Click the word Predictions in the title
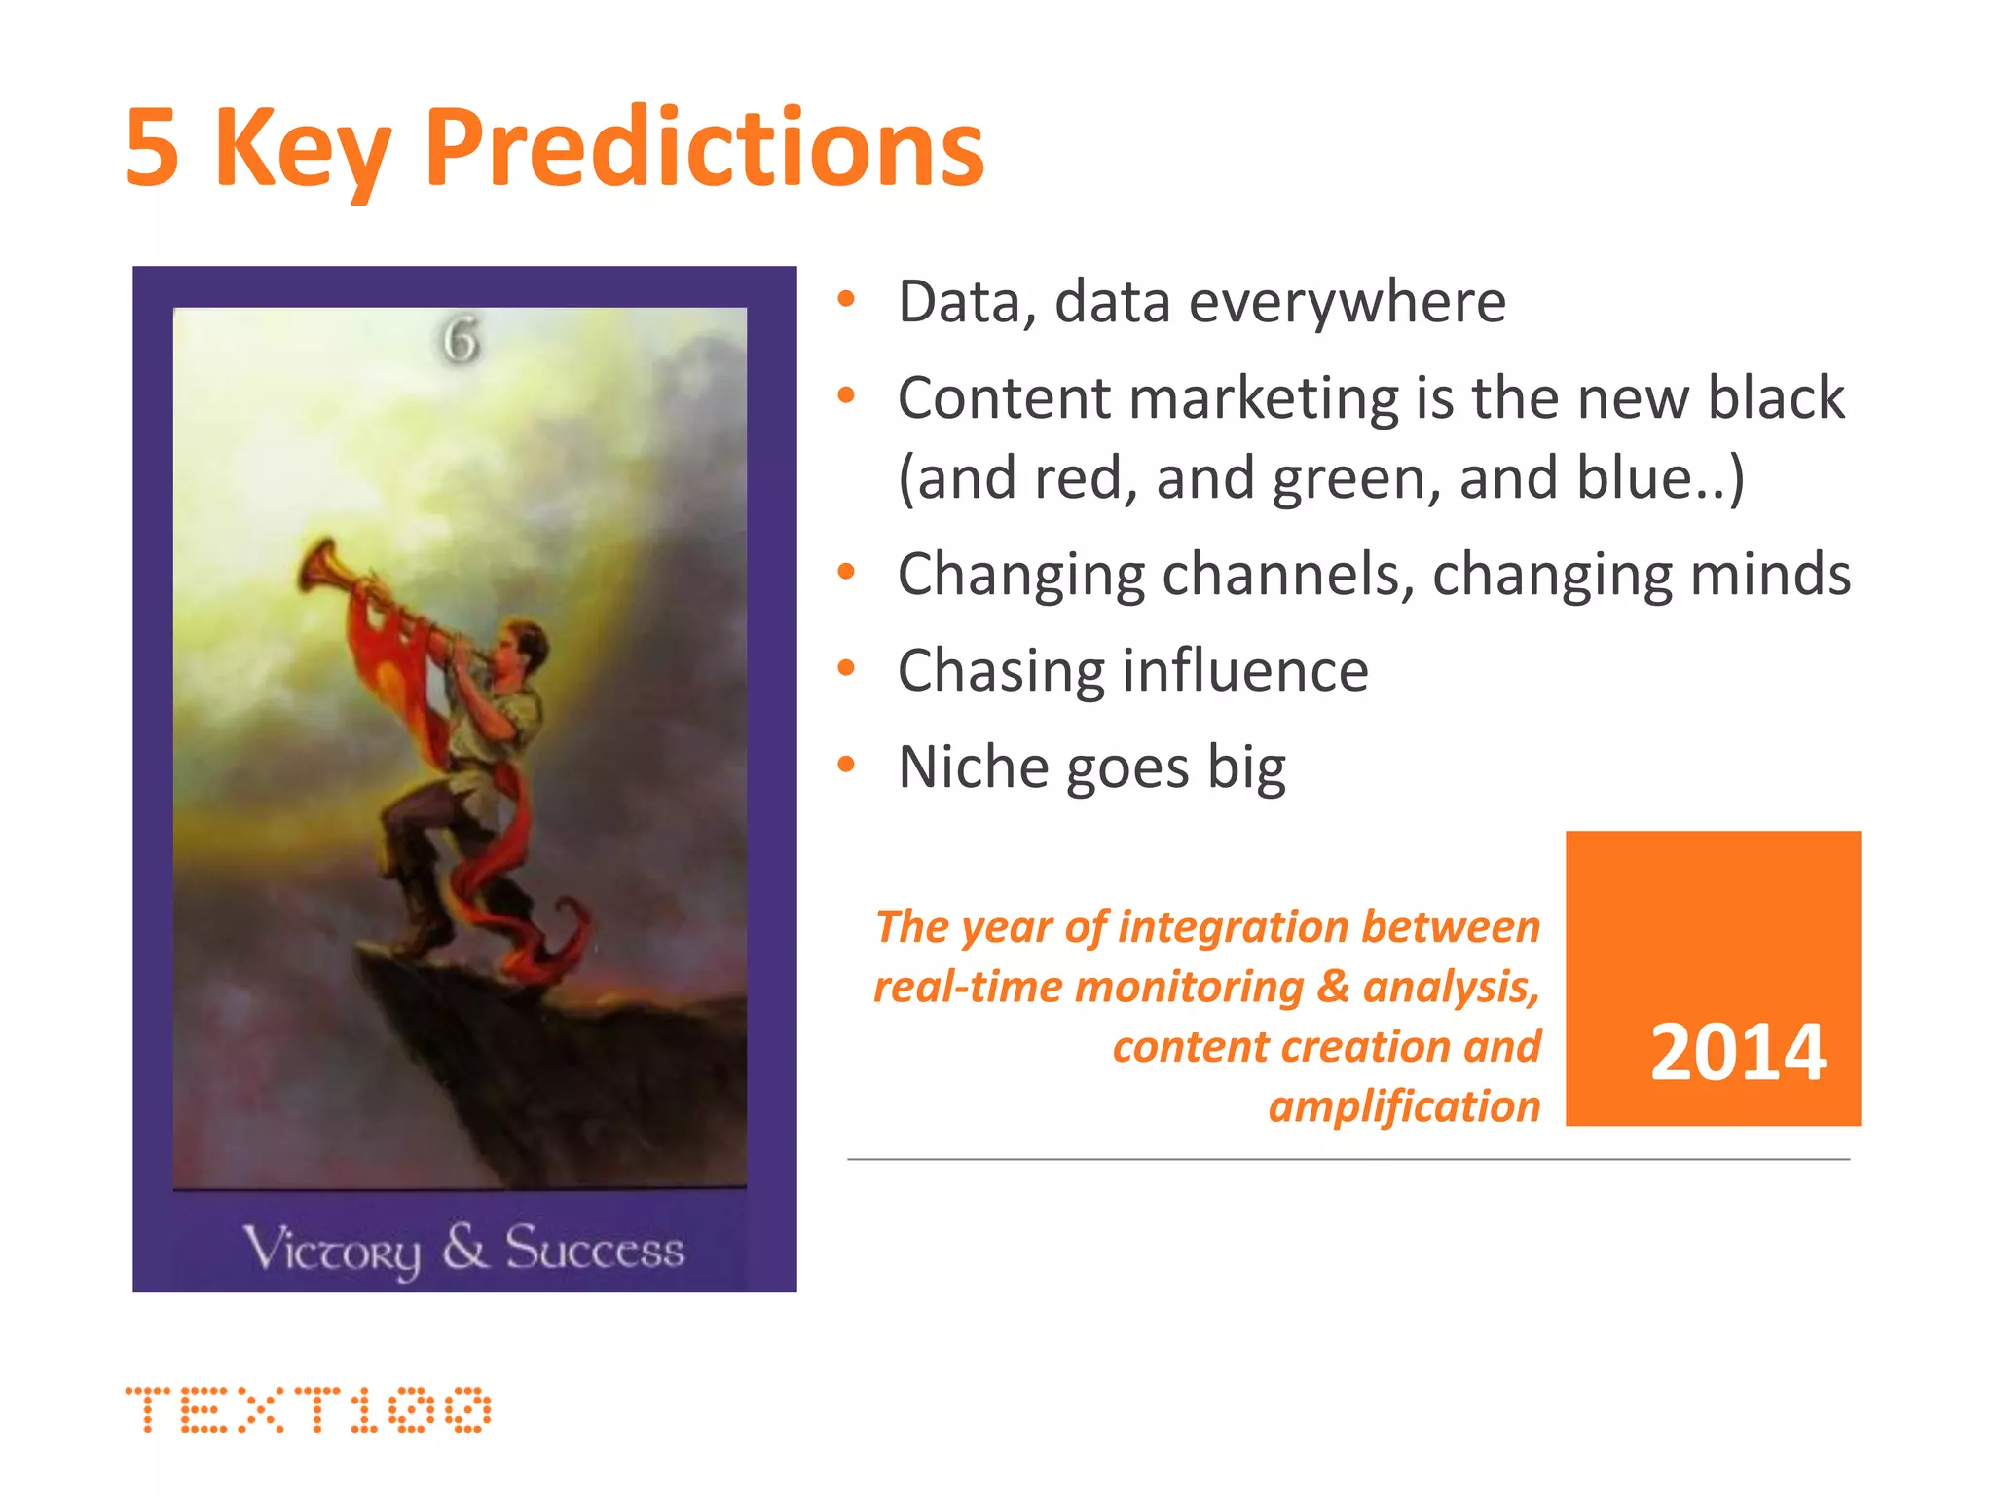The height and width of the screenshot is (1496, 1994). pos(704,148)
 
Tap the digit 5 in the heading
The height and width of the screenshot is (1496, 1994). pos(153,148)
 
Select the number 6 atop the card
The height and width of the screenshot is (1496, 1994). pos(461,342)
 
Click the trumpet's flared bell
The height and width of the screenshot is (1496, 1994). pos(319,565)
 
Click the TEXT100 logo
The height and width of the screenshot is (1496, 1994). pos(308,1409)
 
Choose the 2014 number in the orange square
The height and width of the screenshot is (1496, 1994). pos(1737,1053)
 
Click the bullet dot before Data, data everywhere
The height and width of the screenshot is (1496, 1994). pos(846,299)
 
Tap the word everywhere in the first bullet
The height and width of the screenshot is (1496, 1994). pos(1348,302)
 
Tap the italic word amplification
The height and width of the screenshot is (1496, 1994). pos(1404,1107)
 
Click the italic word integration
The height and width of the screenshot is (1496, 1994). pos(1232,927)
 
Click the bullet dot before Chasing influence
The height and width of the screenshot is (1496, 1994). pos(846,668)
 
